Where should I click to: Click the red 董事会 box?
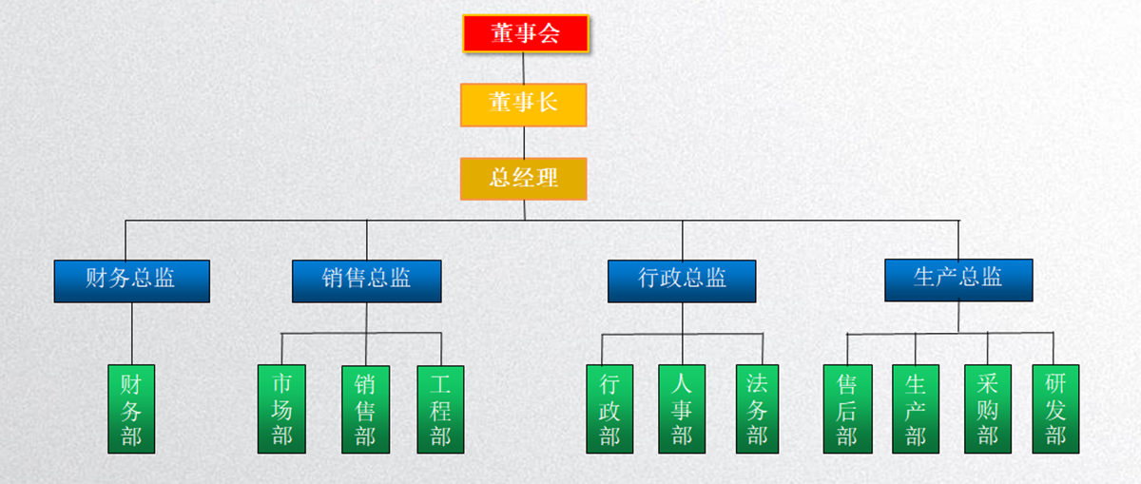pos(525,33)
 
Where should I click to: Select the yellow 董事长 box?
pos(523,105)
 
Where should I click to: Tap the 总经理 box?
pos(523,178)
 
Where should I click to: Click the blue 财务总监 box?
pos(131,281)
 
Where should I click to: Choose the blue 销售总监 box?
pos(366,281)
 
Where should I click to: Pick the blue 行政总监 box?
pos(682,281)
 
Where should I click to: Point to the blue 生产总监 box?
pos(957,280)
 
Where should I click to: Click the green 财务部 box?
pos(131,409)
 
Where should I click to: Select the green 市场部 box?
pos(281,409)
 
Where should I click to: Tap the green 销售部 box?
pos(365,409)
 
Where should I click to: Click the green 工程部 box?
pos(440,409)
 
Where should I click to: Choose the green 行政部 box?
pos(609,409)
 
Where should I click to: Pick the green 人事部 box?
pos(682,409)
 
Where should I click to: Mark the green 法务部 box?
pos(757,409)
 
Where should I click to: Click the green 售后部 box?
pos(846,409)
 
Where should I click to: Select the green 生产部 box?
pos(916,409)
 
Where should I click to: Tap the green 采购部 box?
pos(987,409)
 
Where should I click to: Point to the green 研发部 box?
pos(1055,409)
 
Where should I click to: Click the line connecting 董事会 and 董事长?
pos(524,68)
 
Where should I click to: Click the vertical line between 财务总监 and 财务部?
pos(131,333)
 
